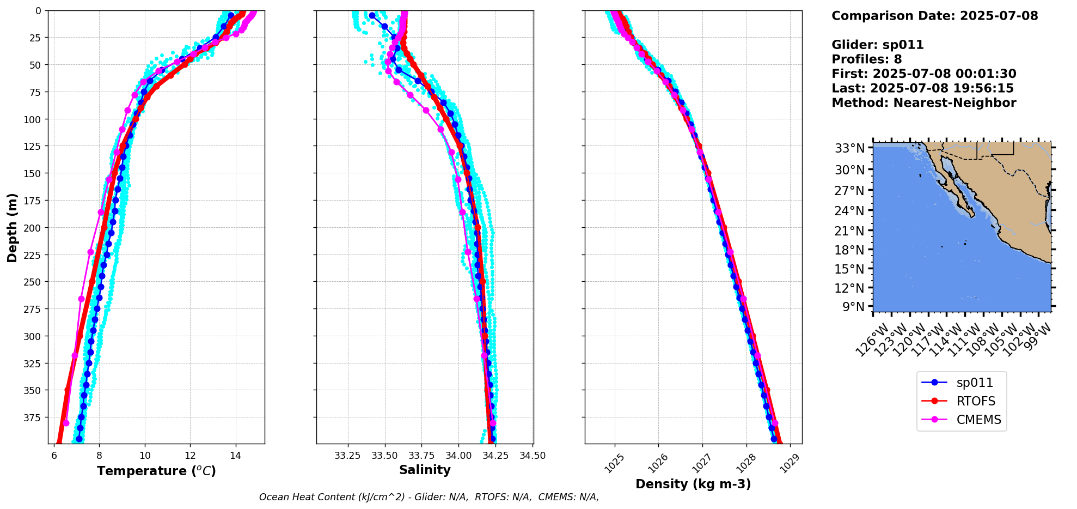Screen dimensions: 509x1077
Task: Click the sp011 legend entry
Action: pyautogui.click(x=974, y=383)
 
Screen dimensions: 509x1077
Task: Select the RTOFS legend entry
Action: pyautogui.click(x=976, y=401)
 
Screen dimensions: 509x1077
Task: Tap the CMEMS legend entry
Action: pyautogui.click(x=978, y=420)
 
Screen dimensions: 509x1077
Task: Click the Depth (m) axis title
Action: pyautogui.click(x=12, y=227)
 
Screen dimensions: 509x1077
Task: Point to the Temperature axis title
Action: pyautogui.click(x=156, y=471)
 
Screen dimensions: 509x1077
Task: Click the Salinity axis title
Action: pyautogui.click(x=425, y=470)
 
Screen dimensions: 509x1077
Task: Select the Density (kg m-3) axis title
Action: pyautogui.click(x=693, y=484)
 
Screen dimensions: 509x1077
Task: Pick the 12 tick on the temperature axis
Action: pyautogui.click(x=190, y=456)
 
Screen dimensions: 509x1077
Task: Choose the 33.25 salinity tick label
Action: pyautogui.click(x=347, y=456)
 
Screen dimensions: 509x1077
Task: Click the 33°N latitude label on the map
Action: pyautogui.click(x=849, y=148)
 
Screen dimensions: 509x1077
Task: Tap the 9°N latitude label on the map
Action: pyautogui.click(x=853, y=307)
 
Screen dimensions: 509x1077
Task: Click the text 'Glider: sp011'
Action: pyautogui.click(x=878, y=45)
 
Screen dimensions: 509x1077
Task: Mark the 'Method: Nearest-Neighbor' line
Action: pyautogui.click(x=923, y=103)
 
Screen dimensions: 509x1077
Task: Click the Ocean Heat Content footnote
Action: pyautogui.click(x=429, y=497)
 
